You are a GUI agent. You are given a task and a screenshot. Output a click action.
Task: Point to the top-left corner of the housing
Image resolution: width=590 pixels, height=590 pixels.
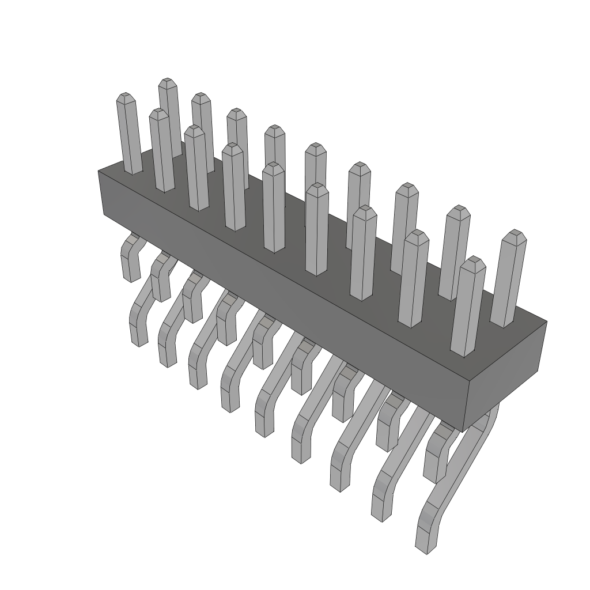[99, 171]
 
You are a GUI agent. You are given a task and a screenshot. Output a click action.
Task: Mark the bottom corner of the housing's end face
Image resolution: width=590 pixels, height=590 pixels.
[464, 429]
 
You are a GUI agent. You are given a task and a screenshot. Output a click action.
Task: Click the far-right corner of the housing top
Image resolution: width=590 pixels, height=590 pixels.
[546, 322]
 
